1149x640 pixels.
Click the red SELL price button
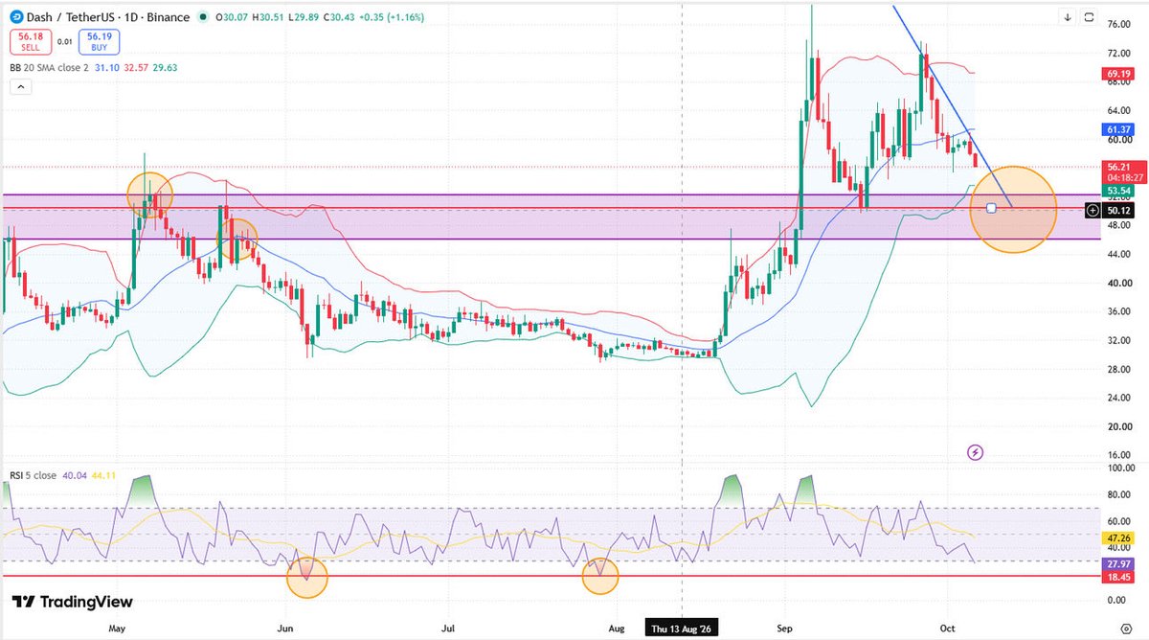[x=31, y=41]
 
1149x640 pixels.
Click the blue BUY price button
[x=99, y=41]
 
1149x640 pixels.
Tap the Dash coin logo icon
[x=16, y=17]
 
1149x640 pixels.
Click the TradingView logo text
[x=73, y=602]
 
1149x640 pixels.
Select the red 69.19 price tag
[x=1118, y=74]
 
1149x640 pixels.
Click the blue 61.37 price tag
[x=1118, y=129]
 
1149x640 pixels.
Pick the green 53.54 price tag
[x=1118, y=191]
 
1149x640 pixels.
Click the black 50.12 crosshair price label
[x=1118, y=211]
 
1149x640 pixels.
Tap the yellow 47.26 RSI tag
[x=1118, y=538]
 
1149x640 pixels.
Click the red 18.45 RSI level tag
[x=1118, y=577]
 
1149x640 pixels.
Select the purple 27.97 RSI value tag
[x=1118, y=564]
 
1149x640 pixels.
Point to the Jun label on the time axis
[x=284, y=629]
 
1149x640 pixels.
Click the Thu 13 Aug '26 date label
[x=681, y=629]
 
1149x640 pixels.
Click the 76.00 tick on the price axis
[x=1118, y=24]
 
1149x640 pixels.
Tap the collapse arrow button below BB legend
[x=21, y=87]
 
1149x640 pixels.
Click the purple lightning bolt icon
[x=975, y=452]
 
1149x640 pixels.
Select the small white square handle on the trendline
[x=991, y=208]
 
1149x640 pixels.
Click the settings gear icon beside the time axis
[x=1126, y=629]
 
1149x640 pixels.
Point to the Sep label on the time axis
[x=784, y=629]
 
